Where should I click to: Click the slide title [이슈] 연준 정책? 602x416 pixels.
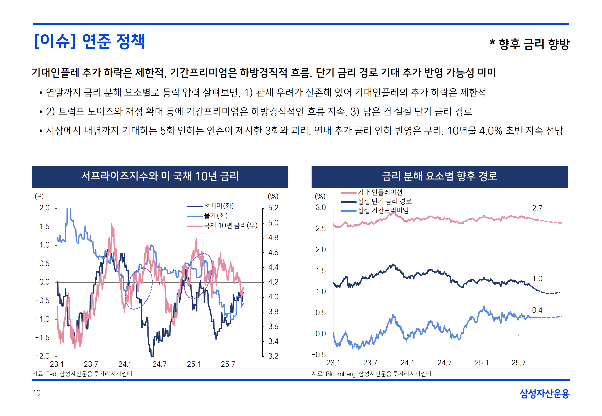click(89, 41)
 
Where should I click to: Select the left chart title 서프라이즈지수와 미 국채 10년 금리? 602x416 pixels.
click(160, 176)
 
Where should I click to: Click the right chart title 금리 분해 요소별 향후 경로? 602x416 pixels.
click(439, 176)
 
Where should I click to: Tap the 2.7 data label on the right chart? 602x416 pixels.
click(537, 208)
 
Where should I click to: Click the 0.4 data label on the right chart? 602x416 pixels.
click(537, 310)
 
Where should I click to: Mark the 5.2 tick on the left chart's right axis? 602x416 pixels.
click(273, 208)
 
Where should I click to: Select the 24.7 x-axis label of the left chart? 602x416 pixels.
click(159, 364)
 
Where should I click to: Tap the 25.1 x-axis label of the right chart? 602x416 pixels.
click(481, 363)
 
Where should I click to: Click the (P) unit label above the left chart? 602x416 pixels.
click(39, 196)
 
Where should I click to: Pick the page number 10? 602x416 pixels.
click(36, 393)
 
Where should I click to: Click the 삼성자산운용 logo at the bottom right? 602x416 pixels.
click(544, 393)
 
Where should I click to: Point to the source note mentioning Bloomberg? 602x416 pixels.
click(371, 374)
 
